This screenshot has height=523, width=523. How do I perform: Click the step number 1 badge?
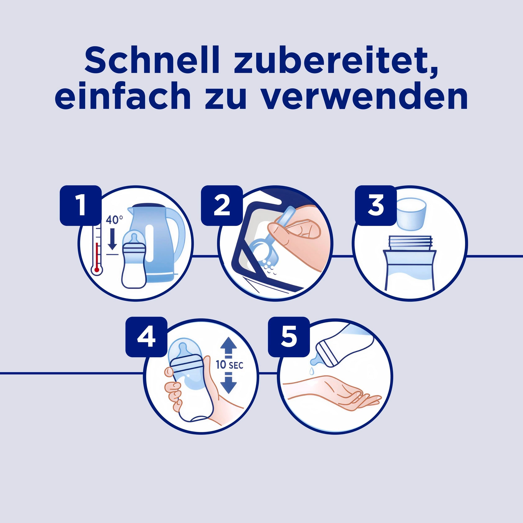[81, 205]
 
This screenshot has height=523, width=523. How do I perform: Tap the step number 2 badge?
[222, 205]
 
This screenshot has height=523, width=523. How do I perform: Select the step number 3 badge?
[376, 205]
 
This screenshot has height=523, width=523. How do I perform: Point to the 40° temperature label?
[114, 219]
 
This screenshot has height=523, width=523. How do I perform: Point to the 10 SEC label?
[229, 365]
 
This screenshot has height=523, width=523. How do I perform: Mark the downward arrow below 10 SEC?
[229, 382]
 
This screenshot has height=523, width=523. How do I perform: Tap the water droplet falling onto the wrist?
[312, 370]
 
